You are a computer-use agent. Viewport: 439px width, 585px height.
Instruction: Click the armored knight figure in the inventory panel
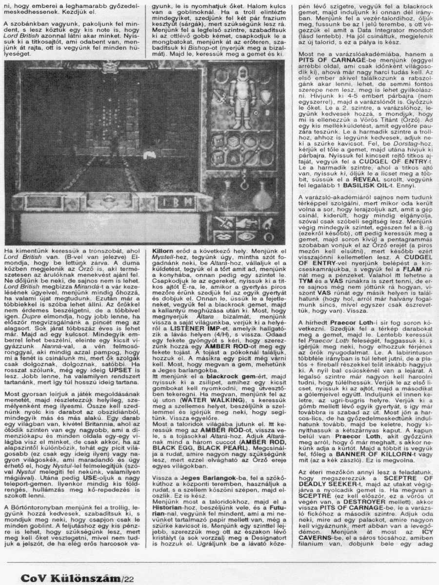242,97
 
